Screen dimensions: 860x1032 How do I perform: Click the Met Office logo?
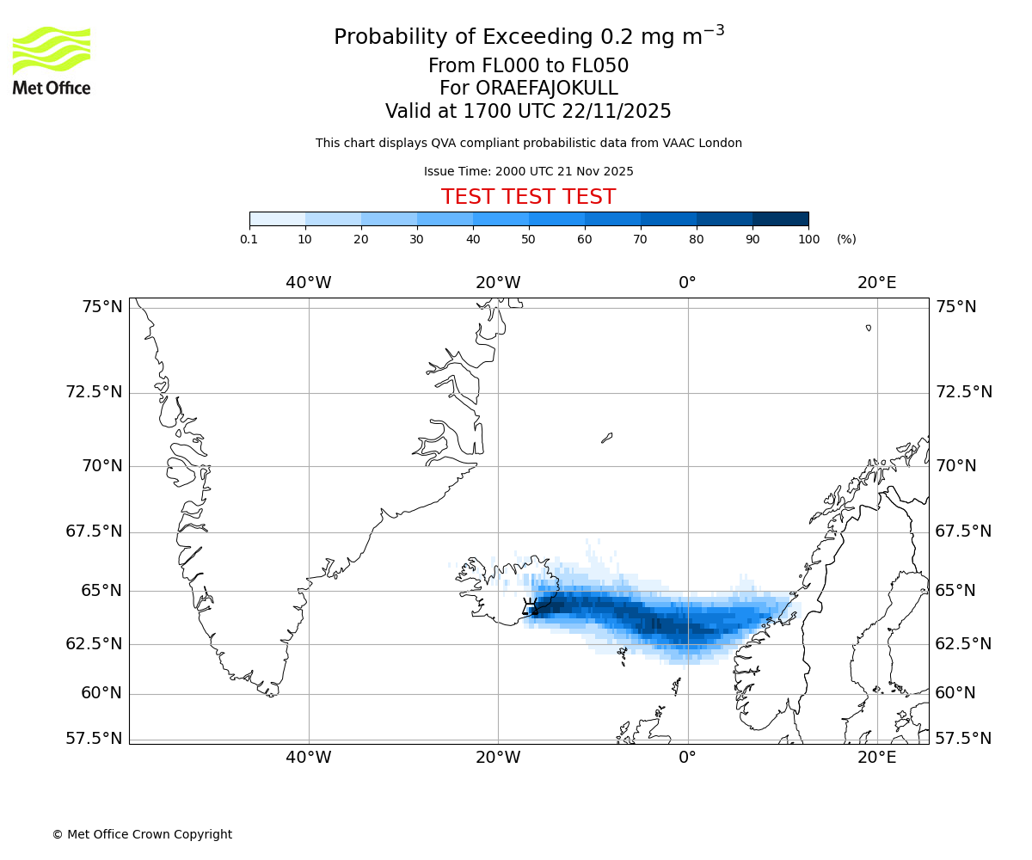pyautogui.click(x=52, y=60)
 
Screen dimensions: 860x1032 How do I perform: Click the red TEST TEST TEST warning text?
pyautogui.click(x=528, y=197)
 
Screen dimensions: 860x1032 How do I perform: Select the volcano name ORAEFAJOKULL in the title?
pyautogui.click(x=528, y=89)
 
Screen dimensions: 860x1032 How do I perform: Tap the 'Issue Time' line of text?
pyautogui.click(x=528, y=171)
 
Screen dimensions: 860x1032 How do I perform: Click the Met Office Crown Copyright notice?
pyautogui.click(x=142, y=834)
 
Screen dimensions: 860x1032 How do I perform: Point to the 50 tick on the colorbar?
pyautogui.click(x=529, y=238)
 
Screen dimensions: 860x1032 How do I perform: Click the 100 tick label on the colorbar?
pyautogui.click(x=808, y=239)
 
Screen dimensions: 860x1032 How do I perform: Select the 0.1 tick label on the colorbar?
pyautogui.click(x=249, y=239)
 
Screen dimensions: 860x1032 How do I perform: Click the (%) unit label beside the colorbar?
pyautogui.click(x=846, y=239)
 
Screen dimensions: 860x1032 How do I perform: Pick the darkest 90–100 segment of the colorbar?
pyautogui.click(x=780, y=218)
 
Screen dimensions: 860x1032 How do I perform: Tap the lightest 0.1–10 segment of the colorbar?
pyautogui.click(x=277, y=218)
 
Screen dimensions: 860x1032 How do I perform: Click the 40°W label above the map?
pyautogui.click(x=309, y=282)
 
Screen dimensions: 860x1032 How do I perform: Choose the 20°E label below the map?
pyautogui.click(x=876, y=757)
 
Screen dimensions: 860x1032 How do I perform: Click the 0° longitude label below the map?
pyautogui.click(x=687, y=757)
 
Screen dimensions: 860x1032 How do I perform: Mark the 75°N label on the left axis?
pyautogui.click(x=101, y=307)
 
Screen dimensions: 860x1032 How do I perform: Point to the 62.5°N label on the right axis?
pyautogui.click(x=963, y=643)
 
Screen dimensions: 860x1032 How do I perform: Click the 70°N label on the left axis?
pyautogui.click(x=101, y=466)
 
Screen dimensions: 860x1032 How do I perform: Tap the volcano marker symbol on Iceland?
pyautogui.click(x=531, y=605)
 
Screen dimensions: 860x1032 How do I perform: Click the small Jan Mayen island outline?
pyautogui.click(x=606, y=438)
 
